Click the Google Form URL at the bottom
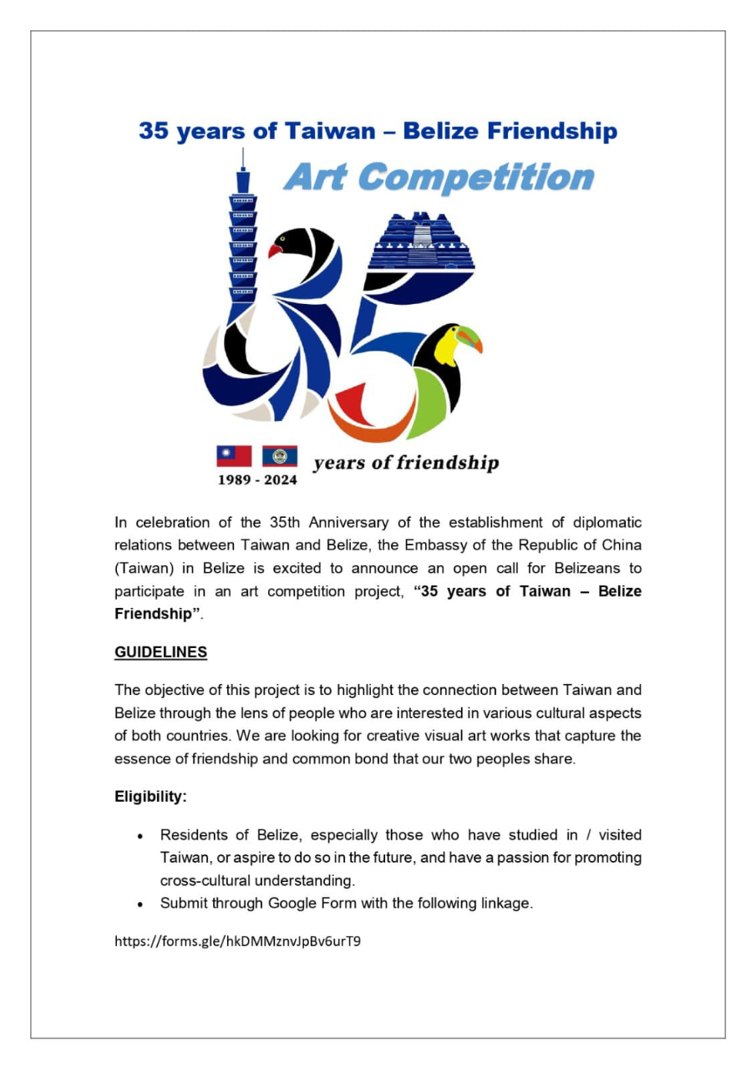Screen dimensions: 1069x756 [237, 941]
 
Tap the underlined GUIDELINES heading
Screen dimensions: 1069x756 [160, 652]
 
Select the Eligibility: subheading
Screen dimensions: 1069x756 [150, 797]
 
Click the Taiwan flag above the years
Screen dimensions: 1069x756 [234, 456]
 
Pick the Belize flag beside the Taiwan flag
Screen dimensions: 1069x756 [280, 456]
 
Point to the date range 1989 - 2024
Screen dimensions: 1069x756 [257, 480]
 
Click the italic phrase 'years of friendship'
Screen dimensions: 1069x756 [406, 463]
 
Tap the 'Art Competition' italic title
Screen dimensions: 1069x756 [439, 178]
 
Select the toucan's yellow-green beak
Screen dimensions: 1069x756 [469, 339]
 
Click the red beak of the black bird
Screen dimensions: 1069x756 [275, 249]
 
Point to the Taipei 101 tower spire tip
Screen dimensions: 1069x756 [243, 151]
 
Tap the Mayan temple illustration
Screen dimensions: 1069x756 [421, 241]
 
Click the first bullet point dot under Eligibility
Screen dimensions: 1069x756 [141, 836]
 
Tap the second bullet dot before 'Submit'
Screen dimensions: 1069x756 [141, 904]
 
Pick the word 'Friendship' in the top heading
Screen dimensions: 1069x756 [551, 131]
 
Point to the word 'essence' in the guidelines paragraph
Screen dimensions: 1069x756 [140, 760]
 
